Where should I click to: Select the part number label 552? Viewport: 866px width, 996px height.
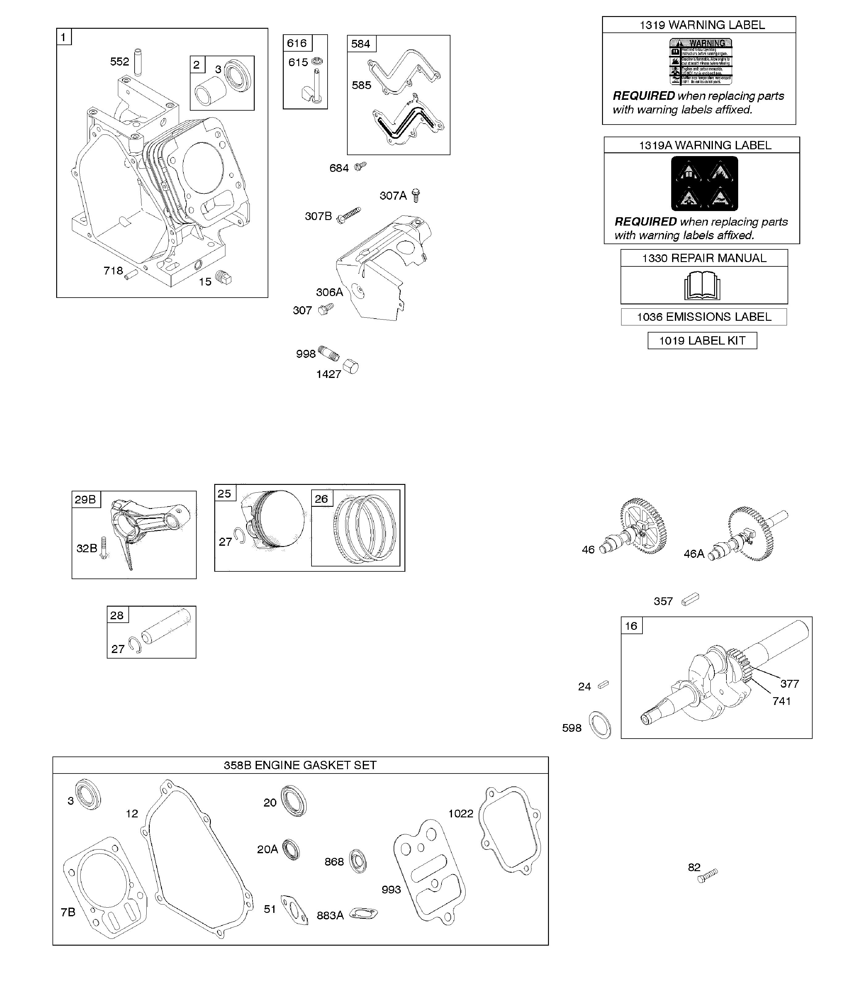(x=119, y=61)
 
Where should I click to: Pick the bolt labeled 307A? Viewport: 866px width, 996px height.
(x=416, y=195)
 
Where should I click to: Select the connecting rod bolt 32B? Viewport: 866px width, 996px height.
(x=103, y=548)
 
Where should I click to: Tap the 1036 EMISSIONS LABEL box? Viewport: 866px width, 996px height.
(x=704, y=317)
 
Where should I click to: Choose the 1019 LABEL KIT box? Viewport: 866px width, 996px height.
(x=702, y=341)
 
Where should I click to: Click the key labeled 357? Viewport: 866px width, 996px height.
(x=690, y=599)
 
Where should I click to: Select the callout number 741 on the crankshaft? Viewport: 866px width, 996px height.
(x=781, y=701)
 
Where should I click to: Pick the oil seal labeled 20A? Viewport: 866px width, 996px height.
(x=291, y=850)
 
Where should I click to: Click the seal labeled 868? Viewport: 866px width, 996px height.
(x=358, y=861)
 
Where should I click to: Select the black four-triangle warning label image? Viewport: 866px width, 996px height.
(x=704, y=183)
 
